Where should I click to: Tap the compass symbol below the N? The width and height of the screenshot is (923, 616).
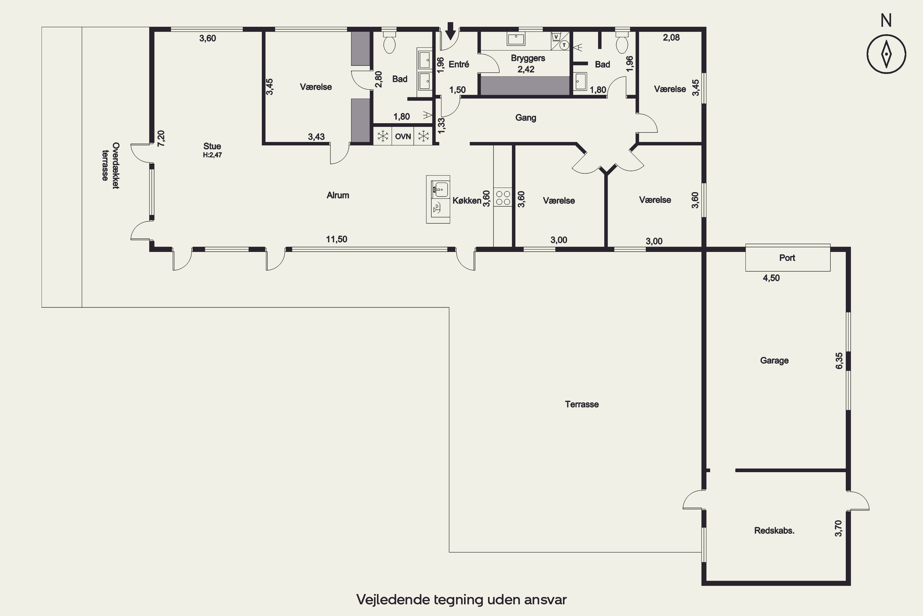pyautogui.click(x=886, y=54)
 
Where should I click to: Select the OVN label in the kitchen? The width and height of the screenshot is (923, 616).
pyautogui.click(x=403, y=136)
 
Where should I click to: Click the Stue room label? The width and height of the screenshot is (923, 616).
pyautogui.click(x=212, y=146)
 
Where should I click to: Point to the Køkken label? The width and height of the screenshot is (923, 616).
pyautogui.click(x=467, y=201)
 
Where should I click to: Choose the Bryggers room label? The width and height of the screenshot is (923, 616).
pyautogui.click(x=528, y=59)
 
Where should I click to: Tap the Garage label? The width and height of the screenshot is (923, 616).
pyautogui.click(x=774, y=360)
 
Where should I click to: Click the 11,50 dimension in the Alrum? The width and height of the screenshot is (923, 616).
pyautogui.click(x=337, y=239)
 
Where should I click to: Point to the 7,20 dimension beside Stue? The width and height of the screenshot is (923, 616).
pyautogui.click(x=161, y=139)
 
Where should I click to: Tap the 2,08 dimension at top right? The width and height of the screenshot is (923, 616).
pyautogui.click(x=671, y=38)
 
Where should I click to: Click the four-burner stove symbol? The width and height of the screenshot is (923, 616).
pyautogui.click(x=503, y=198)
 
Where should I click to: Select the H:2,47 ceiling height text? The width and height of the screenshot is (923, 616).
pyautogui.click(x=212, y=155)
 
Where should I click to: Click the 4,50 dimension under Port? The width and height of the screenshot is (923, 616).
pyautogui.click(x=771, y=278)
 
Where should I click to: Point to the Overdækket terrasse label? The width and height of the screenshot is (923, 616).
pyautogui.click(x=110, y=166)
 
